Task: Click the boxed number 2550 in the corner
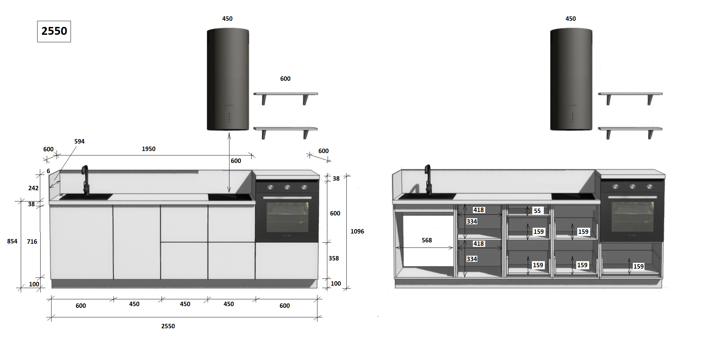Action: (54, 31)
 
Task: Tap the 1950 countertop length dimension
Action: (149, 149)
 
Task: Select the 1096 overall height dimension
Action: (357, 231)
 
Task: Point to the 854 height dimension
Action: (12, 241)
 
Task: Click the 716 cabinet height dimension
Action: (32, 242)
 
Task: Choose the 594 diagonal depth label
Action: (79, 141)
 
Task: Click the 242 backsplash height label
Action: (33, 188)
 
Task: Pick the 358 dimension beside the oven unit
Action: (334, 258)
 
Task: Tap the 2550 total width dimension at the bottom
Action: (168, 326)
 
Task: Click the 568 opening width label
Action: (427, 240)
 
